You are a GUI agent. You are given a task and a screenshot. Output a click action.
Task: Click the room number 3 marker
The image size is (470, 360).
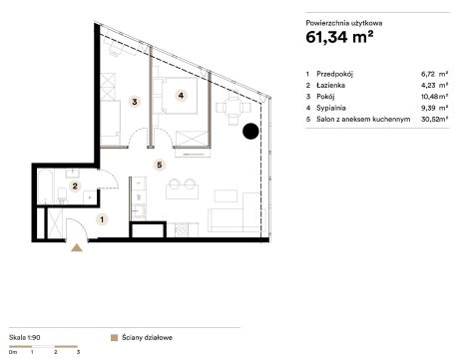(135, 102)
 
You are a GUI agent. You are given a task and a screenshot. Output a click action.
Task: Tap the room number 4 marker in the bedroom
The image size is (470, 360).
(181, 96)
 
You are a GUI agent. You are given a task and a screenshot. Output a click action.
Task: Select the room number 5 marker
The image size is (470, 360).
(160, 165)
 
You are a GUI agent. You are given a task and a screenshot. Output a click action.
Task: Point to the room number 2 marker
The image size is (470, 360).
(75, 186)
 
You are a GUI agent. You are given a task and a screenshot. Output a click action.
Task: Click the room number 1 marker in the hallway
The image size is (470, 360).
(102, 219)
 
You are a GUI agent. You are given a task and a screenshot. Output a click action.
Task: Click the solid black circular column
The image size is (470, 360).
(250, 132)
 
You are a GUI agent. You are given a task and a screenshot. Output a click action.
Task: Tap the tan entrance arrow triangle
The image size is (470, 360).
(77, 248)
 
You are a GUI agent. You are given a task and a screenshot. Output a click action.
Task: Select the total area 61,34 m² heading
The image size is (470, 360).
(339, 37)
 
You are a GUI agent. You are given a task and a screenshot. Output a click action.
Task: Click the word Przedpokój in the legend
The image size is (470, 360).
(334, 74)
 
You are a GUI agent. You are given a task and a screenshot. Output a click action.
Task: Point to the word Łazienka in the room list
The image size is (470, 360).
(330, 86)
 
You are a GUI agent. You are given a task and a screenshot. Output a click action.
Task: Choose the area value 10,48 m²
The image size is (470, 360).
(434, 97)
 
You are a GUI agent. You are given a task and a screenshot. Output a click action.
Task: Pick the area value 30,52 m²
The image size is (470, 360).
(434, 119)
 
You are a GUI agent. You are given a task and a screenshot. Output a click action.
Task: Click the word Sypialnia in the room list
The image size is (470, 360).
(331, 108)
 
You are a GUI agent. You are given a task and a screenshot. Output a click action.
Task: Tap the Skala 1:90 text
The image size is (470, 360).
(25, 337)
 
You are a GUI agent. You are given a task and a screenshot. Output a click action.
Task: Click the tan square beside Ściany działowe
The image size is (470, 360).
(114, 338)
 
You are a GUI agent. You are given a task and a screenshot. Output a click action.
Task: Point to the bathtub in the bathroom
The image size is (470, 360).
(46, 186)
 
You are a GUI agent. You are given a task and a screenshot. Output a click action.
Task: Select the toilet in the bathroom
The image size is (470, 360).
(62, 194)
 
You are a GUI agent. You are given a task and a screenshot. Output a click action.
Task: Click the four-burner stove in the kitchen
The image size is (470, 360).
(182, 230)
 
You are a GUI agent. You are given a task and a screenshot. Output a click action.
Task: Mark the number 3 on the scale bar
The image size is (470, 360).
(78, 352)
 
